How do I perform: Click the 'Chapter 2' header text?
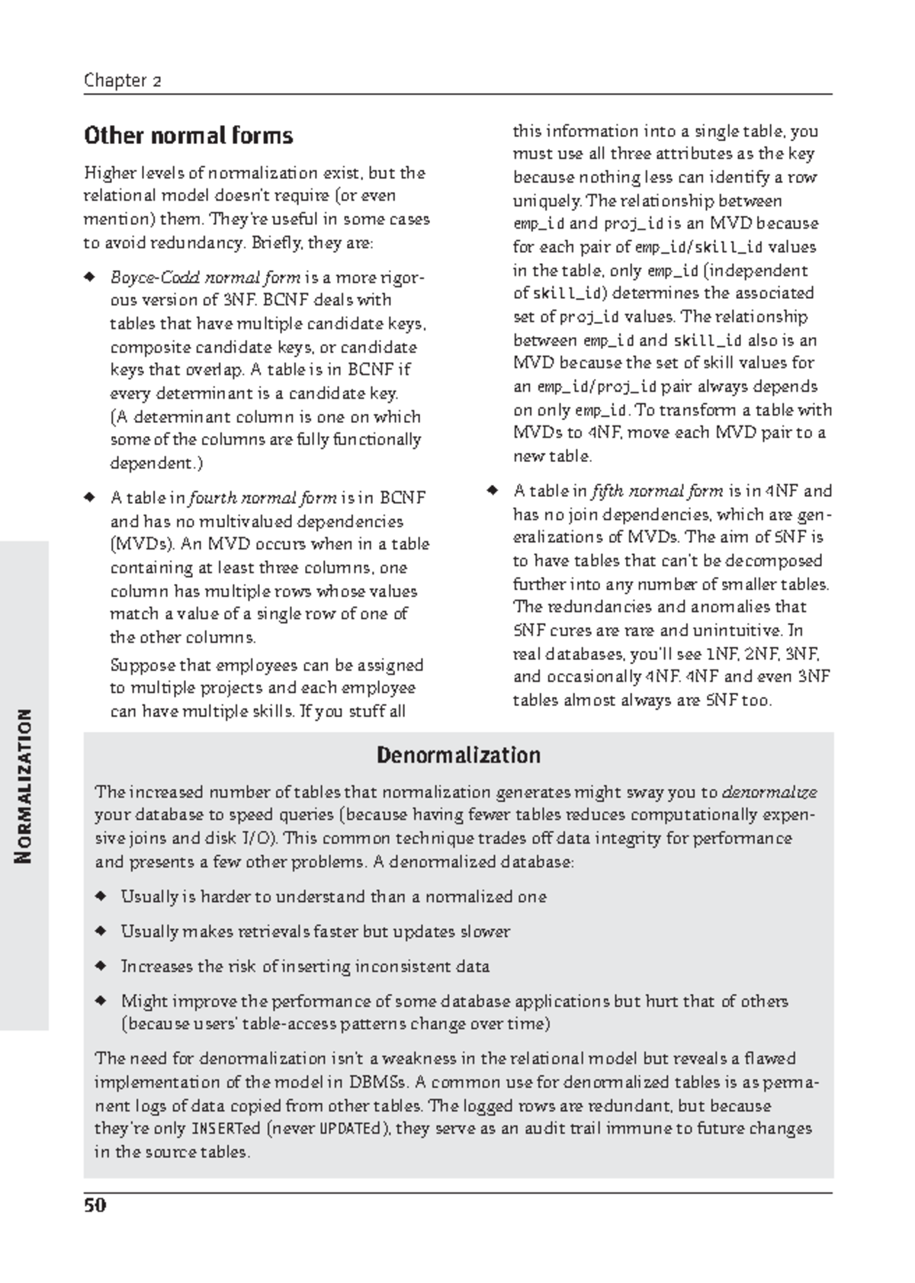(122, 81)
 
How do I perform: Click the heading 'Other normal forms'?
(188, 136)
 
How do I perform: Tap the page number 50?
(95, 1205)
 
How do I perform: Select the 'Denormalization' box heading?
(458, 755)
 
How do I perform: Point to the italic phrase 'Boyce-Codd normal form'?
(205, 277)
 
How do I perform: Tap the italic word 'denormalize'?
(769, 792)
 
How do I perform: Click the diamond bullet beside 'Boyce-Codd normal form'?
(89, 277)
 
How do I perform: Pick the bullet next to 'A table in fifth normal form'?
(492, 490)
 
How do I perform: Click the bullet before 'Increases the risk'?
(99, 967)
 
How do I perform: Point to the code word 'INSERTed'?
(225, 1129)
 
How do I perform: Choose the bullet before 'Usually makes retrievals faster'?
(99, 932)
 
